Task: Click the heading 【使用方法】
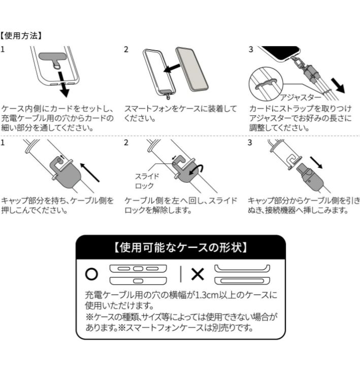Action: (x=22, y=36)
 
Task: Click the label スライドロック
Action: (x=147, y=180)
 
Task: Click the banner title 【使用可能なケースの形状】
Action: (x=180, y=248)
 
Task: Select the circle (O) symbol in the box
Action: (x=91, y=274)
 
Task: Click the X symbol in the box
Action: (x=197, y=274)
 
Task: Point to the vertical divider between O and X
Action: (x=181, y=274)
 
